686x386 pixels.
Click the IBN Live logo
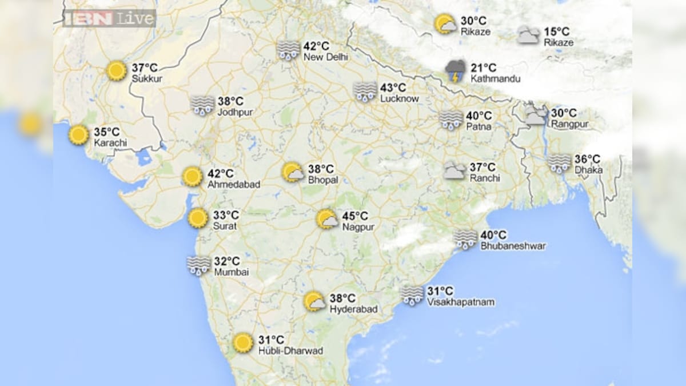coord(109,18)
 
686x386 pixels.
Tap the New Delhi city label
coord(325,57)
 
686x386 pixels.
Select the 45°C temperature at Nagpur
coord(355,216)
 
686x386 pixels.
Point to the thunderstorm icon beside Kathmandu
coord(456,71)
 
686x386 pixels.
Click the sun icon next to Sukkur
coord(117,71)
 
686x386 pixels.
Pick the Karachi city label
coord(110,142)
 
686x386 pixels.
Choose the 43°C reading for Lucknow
coord(393,88)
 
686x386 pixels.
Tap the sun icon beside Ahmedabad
coord(192,177)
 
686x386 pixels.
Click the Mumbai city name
coord(232,272)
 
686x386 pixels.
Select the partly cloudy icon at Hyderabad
coord(314,301)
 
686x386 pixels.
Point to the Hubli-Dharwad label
coord(290,351)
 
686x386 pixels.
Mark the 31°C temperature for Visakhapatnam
coord(440,291)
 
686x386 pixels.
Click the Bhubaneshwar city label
coord(513,246)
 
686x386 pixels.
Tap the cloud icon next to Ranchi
coord(455,170)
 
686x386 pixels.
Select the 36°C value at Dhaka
coord(587,159)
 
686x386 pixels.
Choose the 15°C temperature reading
coord(557,32)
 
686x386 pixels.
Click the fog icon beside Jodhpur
coord(202,105)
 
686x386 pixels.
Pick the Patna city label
coord(478,126)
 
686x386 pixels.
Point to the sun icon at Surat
coord(198,218)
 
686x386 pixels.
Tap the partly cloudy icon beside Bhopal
coord(293,173)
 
